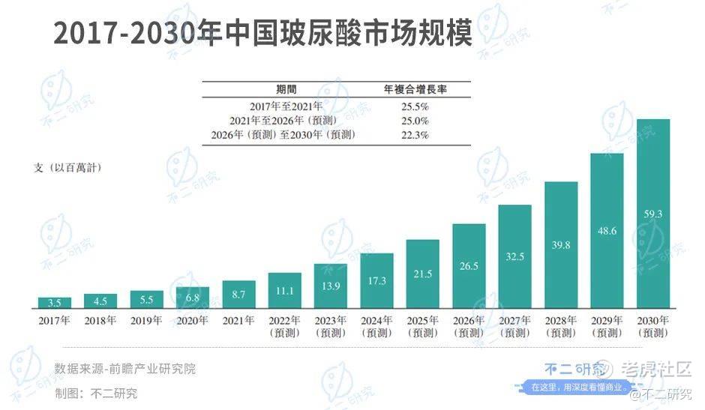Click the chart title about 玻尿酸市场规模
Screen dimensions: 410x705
click(x=262, y=34)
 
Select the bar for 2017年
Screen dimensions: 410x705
click(x=55, y=303)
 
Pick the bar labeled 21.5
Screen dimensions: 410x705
click(x=422, y=274)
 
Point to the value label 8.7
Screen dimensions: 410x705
click(x=238, y=295)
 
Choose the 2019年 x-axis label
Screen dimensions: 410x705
click(x=147, y=321)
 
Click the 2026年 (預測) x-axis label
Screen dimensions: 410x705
click(x=469, y=327)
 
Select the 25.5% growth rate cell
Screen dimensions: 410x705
click(x=415, y=106)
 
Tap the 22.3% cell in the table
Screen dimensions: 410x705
click(x=415, y=135)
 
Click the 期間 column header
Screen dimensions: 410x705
click(x=286, y=89)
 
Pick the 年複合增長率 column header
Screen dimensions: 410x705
click(x=415, y=89)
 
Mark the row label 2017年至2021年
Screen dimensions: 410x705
click(x=286, y=106)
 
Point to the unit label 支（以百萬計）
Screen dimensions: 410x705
click(x=67, y=168)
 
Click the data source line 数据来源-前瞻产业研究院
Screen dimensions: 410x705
click(x=124, y=369)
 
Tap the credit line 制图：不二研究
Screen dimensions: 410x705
click(x=96, y=393)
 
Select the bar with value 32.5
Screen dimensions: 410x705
click(x=514, y=257)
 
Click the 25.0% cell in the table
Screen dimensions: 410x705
click(x=415, y=121)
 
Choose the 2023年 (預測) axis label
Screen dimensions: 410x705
click(x=331, y=327)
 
